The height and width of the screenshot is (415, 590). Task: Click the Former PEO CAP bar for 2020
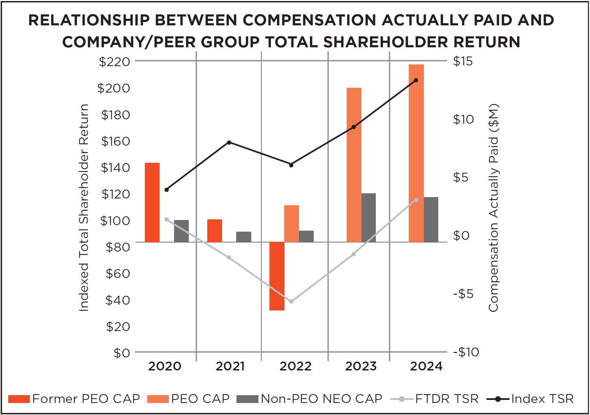[x=152, y=202]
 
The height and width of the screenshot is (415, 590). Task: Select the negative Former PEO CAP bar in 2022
[x=277, y=276]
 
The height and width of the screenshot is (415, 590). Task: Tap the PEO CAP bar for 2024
[x=416, y=153]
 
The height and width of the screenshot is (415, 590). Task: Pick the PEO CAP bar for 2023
[x=354, y=165]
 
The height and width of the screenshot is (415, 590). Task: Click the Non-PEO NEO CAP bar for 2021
[x=243, y=237]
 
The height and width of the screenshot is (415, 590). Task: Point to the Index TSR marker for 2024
[x=416, y=80]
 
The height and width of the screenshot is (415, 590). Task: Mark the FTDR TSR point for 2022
[x=291, y=302]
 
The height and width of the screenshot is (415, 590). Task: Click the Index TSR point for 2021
[x=229, y=142]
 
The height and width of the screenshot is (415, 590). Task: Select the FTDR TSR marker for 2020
[x=167, y=219]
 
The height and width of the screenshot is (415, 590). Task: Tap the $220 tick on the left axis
[x=115, y=62]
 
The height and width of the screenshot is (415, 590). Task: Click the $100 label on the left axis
[x=115, y=220]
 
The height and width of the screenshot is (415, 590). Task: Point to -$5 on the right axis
[x=463, y=294]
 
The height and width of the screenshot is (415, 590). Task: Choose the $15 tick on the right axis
[x=463, y=61]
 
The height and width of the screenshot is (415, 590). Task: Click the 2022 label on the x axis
[x=295, y=366]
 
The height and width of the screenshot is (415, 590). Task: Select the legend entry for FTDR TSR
[x=434, y=399]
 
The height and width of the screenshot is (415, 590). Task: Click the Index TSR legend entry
[x=530, y=399]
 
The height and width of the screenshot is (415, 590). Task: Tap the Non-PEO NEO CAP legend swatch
[x=247, y=399]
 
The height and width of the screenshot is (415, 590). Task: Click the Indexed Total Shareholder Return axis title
[x=84, y=208]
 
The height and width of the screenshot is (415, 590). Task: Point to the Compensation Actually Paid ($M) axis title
[x=494, y=208]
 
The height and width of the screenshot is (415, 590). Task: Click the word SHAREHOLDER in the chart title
[x=385, y=42]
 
